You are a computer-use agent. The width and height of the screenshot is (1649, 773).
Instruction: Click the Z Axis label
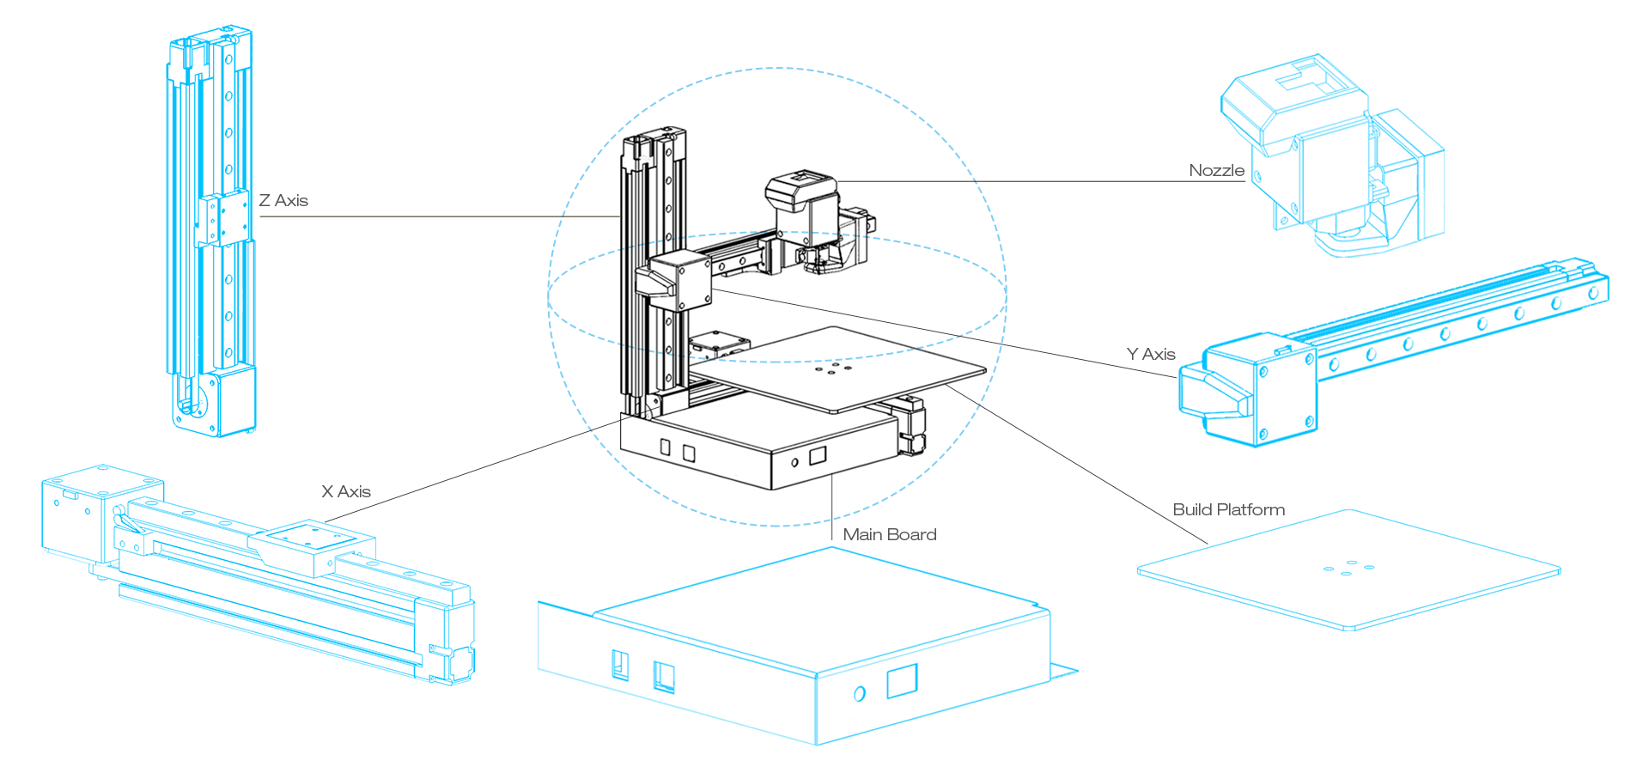coord(283,201)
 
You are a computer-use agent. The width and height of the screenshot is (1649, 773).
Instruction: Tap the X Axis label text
coord(346,492)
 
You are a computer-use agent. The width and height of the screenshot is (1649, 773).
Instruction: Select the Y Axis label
coord(1151,355)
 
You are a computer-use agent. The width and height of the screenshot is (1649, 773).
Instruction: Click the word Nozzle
coord(1216,171)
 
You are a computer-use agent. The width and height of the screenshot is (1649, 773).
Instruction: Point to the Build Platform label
coord(1228,510)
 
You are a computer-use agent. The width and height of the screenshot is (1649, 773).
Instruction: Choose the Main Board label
coord(890,535)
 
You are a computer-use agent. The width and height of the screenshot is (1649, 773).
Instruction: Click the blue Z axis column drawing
coord(210,232)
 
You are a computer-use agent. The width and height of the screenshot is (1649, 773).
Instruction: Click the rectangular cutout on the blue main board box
coord(902,681)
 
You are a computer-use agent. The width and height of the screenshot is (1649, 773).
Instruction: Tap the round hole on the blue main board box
coord(860,693)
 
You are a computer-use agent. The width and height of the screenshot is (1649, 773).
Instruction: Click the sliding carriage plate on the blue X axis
coord(311,541)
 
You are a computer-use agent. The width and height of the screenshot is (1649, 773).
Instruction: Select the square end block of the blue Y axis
coord(1258,391)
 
